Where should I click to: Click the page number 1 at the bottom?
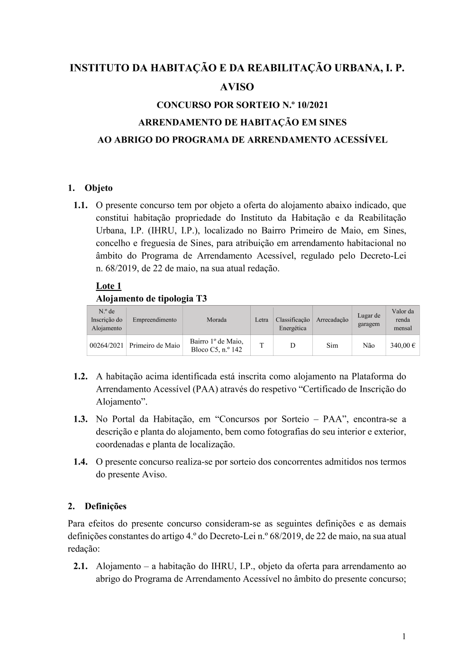[404, 636]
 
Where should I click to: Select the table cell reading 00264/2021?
[107, 345]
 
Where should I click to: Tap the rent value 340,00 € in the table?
[402, 345]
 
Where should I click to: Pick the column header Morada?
[217, 320]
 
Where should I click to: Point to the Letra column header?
[262, 320]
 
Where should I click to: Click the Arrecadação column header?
[332, 320]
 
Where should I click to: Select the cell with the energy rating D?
[293, 345]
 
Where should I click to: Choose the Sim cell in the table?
[332, 345]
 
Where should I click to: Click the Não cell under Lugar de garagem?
[369, 345]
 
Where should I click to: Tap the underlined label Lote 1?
[109, 286]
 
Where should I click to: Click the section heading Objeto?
[99, 188]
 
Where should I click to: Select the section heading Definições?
[105, 506]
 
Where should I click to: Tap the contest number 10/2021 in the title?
[310, 105]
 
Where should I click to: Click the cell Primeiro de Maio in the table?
[155, 345]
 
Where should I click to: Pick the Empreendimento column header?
[155, 320]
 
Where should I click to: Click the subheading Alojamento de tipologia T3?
[151, 299]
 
